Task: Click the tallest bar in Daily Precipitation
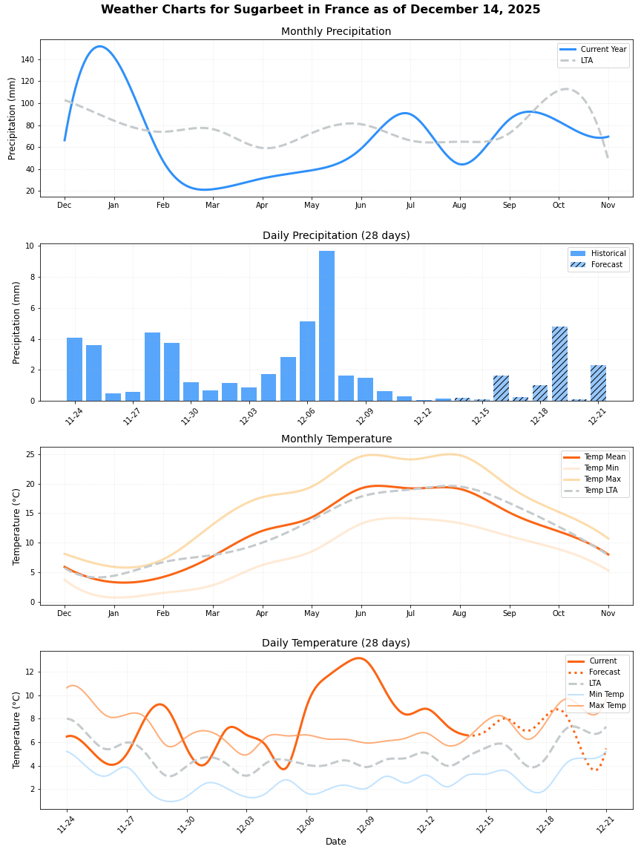coord(326,326)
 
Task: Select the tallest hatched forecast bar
coord(559,364)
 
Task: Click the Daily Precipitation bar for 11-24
coord(74,370)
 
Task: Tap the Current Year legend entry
coord(603,50)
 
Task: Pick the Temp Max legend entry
coord(604,479)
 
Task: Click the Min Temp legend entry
coord(607,695)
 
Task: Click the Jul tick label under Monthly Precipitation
coord(410,205)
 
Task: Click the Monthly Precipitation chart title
coord(336,32)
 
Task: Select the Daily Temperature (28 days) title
coord(336,643)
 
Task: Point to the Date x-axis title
coord(336,842)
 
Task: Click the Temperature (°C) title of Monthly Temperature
coord(17,526)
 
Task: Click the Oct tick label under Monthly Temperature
coord(559,614)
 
